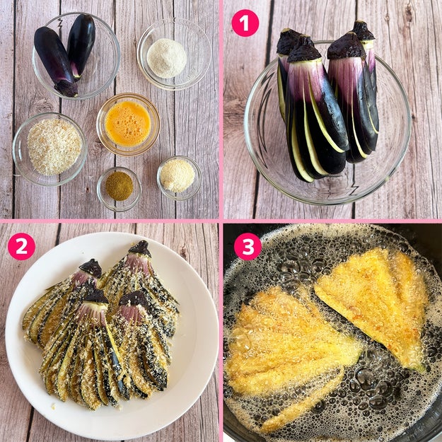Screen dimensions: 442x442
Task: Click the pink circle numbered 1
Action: (x=245, y=23)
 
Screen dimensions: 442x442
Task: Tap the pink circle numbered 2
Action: (x=21, y=246)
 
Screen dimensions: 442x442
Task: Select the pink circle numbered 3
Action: (x=248, y=246)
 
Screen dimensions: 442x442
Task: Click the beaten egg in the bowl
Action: (x=128, y=124)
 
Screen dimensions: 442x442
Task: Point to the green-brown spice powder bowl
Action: (x=119, y=189)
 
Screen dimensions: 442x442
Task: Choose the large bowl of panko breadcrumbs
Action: (x=50, y=149)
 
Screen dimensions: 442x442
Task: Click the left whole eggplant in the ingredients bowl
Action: (x=56, y=61)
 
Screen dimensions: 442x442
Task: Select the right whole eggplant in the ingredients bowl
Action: (x=81, y=45)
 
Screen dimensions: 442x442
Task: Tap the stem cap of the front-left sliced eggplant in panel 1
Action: (x=304, y=50)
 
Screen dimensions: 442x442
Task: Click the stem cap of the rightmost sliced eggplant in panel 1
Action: (x=363, y=31)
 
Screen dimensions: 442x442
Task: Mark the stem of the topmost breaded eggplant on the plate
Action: (x=140, y=249)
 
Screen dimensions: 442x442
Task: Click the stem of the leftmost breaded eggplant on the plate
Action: (x=91, y=268)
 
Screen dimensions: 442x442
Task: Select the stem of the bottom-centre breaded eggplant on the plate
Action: (x=96, y=296)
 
